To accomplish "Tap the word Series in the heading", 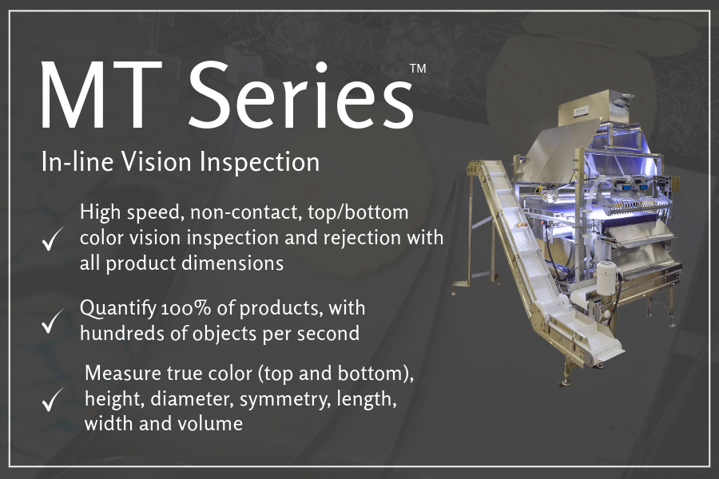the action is pyautogui.click(x=301, y=94).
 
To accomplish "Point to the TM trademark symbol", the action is pyautogui.click(x=418, y=69).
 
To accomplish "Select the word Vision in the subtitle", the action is pyautogui.click(x=156, y=162).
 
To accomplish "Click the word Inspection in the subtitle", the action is pyautogui.click(x=260, y=164).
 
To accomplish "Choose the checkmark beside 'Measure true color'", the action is pyautogui.click(x=51, y=399).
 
